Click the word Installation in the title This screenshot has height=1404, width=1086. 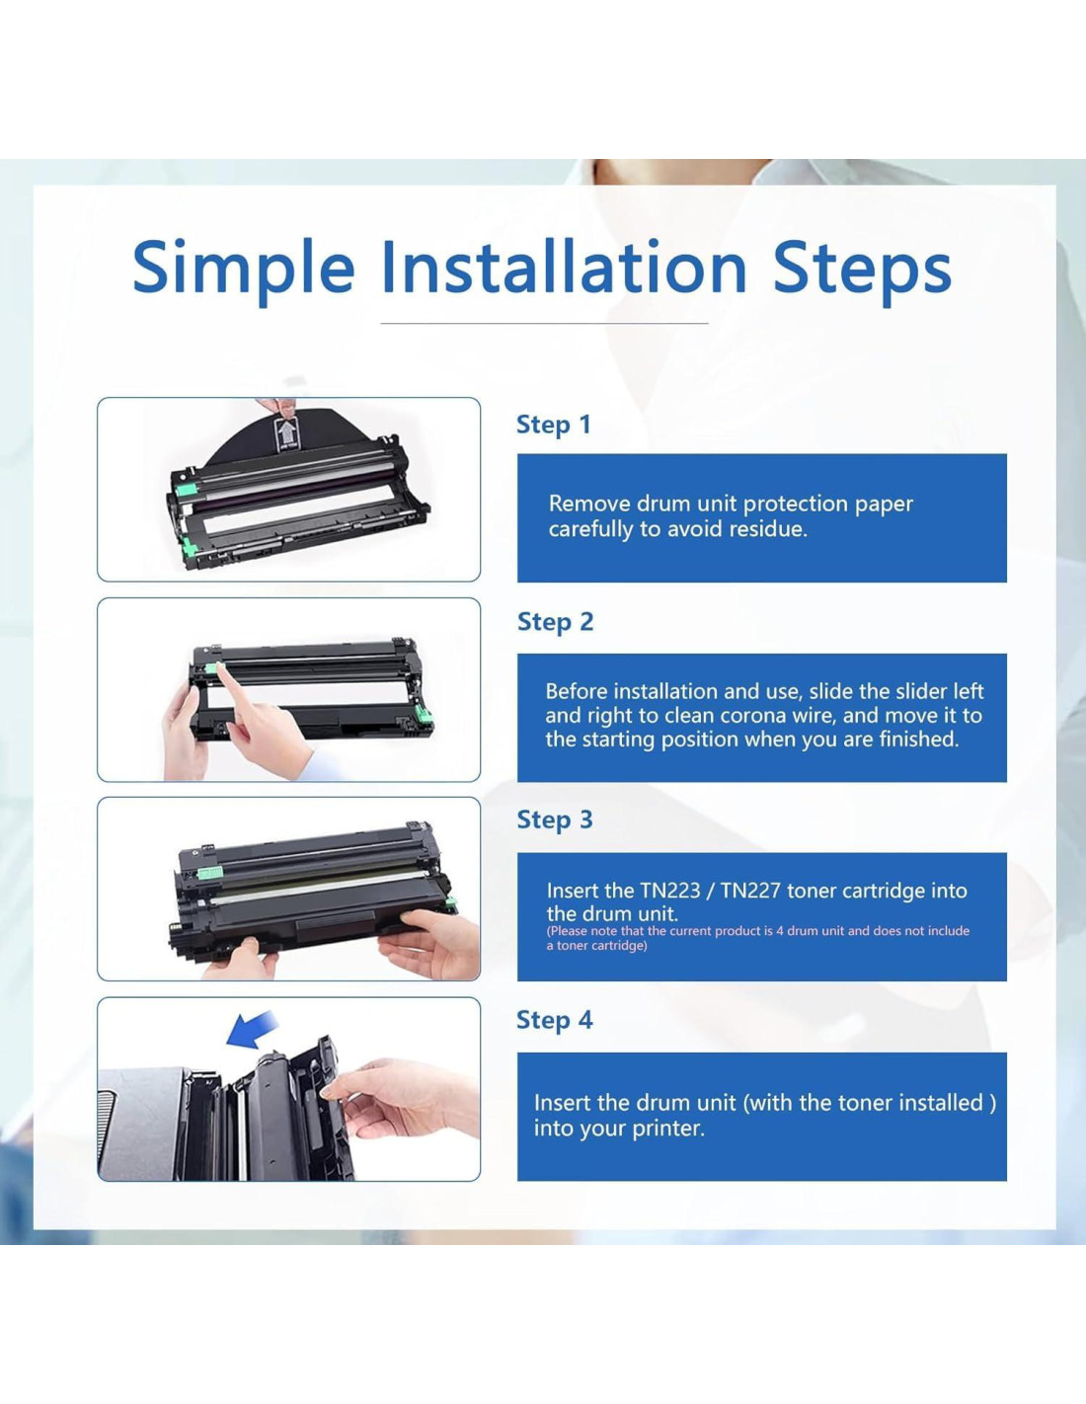[564, 266]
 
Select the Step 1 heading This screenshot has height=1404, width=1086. [554, 425]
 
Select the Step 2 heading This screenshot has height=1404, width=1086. [555, 622]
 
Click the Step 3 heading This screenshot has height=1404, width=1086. [554, 819]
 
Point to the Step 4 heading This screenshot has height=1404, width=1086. [554, 1020]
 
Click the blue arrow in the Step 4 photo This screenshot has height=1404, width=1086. [254, 1029]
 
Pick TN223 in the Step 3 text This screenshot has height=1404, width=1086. [670, 891]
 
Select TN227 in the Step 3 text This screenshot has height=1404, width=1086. [750, 891]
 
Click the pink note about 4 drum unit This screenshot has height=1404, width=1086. [758, 938]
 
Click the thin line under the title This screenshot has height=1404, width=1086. [544, 323]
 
